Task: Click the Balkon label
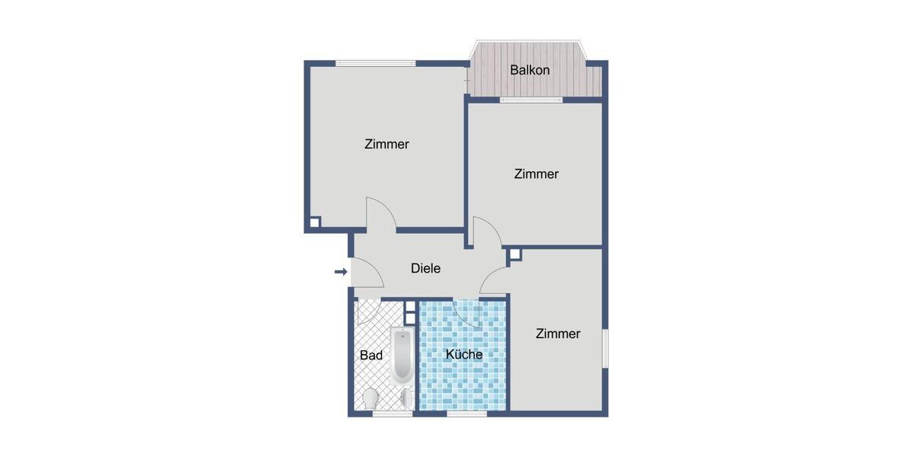pos(530,71)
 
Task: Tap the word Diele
pos(425,268)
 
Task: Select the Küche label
pos(464,354)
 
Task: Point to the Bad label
pos(371,355)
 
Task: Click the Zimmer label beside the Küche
pos(558,334)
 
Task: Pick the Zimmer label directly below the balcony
pos(536,174)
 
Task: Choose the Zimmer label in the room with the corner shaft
pos(387,144)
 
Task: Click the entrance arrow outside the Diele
pos(341,271)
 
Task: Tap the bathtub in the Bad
pos(401,356)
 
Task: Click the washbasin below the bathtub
pos(407,398)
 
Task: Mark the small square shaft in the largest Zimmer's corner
pos(314,223)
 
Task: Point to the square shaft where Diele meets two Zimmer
pos(515,254)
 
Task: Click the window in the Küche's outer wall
pos(466,414)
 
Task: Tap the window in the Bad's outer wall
pos(393,414)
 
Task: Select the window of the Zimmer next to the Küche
pos(606,349)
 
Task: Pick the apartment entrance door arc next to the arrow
pos(364,274)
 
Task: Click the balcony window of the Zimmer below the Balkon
pos(530,100)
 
